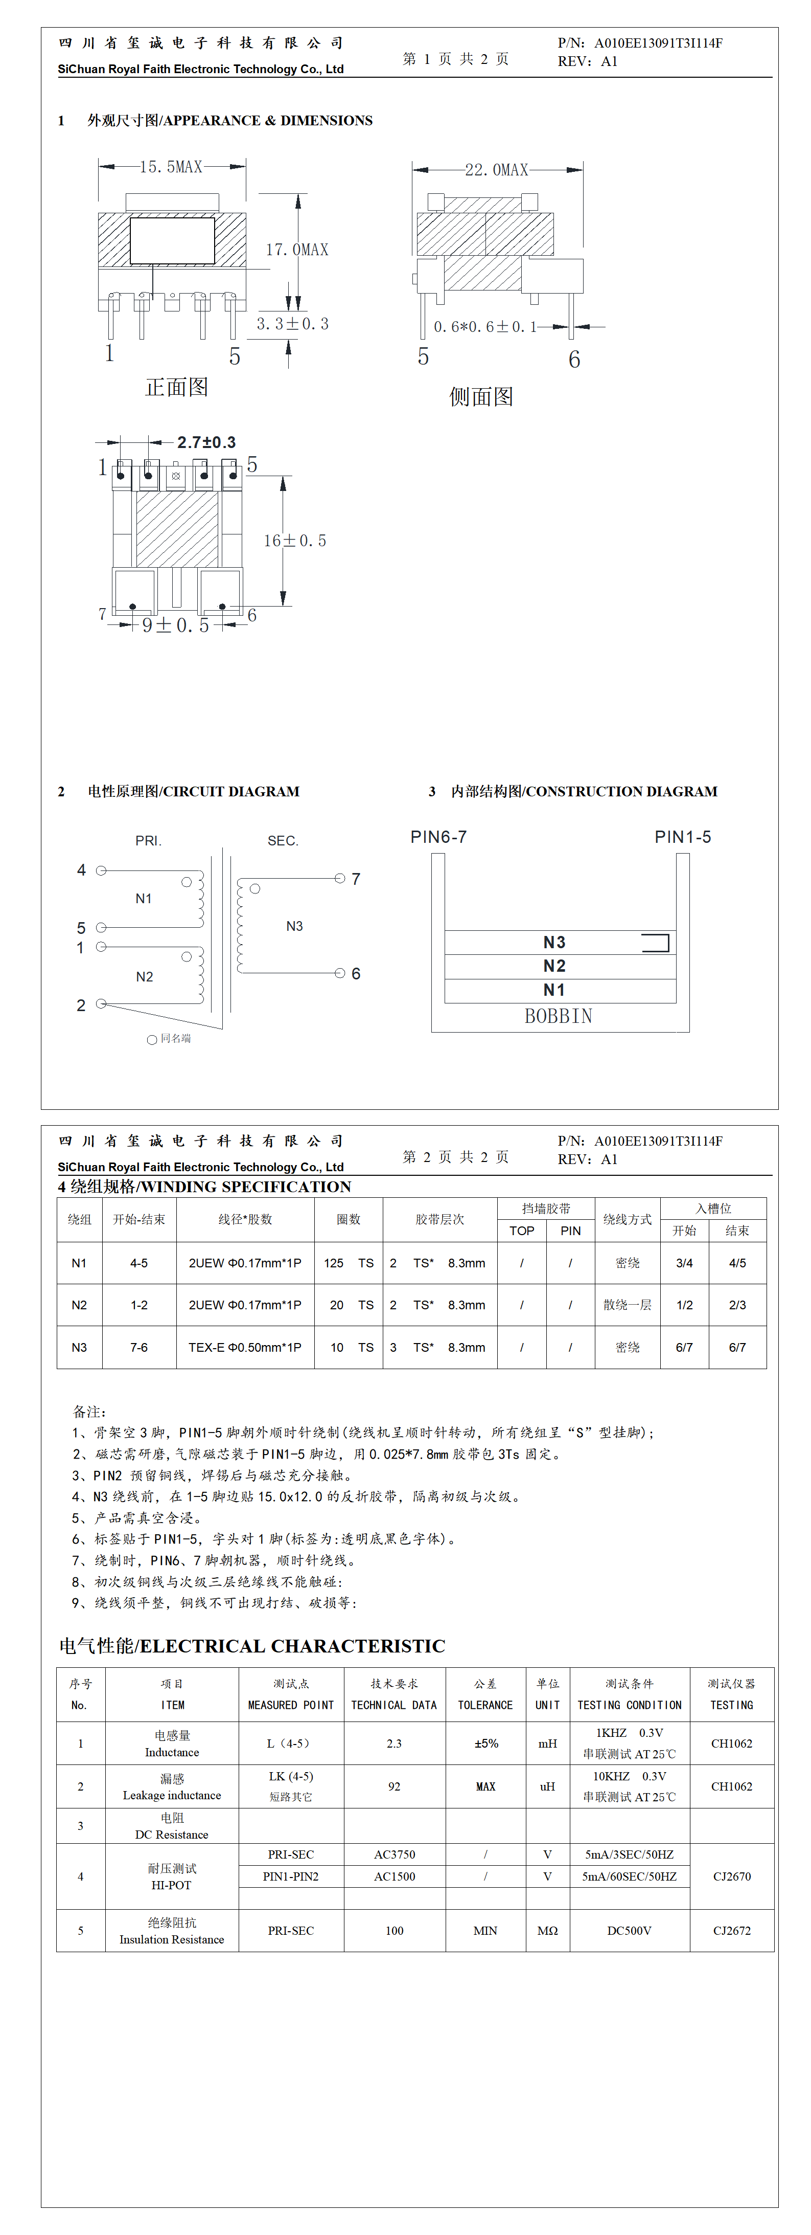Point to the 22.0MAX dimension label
point(496,170)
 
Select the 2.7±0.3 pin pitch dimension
point(206,442)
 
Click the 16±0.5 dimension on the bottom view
point(295,541)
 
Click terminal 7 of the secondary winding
point(340,879)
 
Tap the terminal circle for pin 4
point(101,870)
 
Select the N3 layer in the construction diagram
point(554,942)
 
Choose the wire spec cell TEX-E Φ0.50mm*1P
point(245,1348)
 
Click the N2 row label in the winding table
point(79,1305)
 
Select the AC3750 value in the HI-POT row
point(395,1854)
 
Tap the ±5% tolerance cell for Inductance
point(486,1743)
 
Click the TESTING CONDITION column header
point(630,1705)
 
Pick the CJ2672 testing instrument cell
point(731,1931)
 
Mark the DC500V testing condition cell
point(629,1931)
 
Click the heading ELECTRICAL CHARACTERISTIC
point(292,1646)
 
